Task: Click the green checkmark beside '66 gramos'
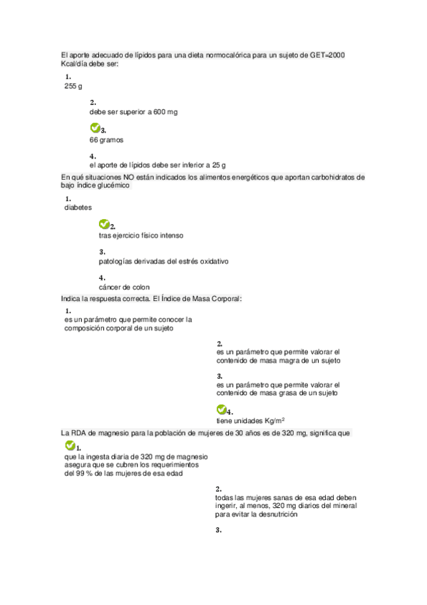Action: pyautogui.click(x=94, y=128)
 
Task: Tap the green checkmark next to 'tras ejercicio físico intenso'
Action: pyautogui.click(x=103, y=224)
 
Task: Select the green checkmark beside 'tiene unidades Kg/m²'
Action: pyautogui.click(x=220, y=410)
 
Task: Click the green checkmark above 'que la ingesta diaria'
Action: pyautogui.click(x=69, y=445)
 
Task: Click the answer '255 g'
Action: pyautogui.click(x=73, y=86)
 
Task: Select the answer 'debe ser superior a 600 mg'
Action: pyautogui.click(x=133, y=113)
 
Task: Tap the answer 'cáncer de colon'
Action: pyautogui.click(x=124, y=288)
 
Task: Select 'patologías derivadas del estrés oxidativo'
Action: pyautogui.click(x=163, y=261)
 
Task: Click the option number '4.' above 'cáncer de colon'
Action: pyautogui.click(x=103, y=278)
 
